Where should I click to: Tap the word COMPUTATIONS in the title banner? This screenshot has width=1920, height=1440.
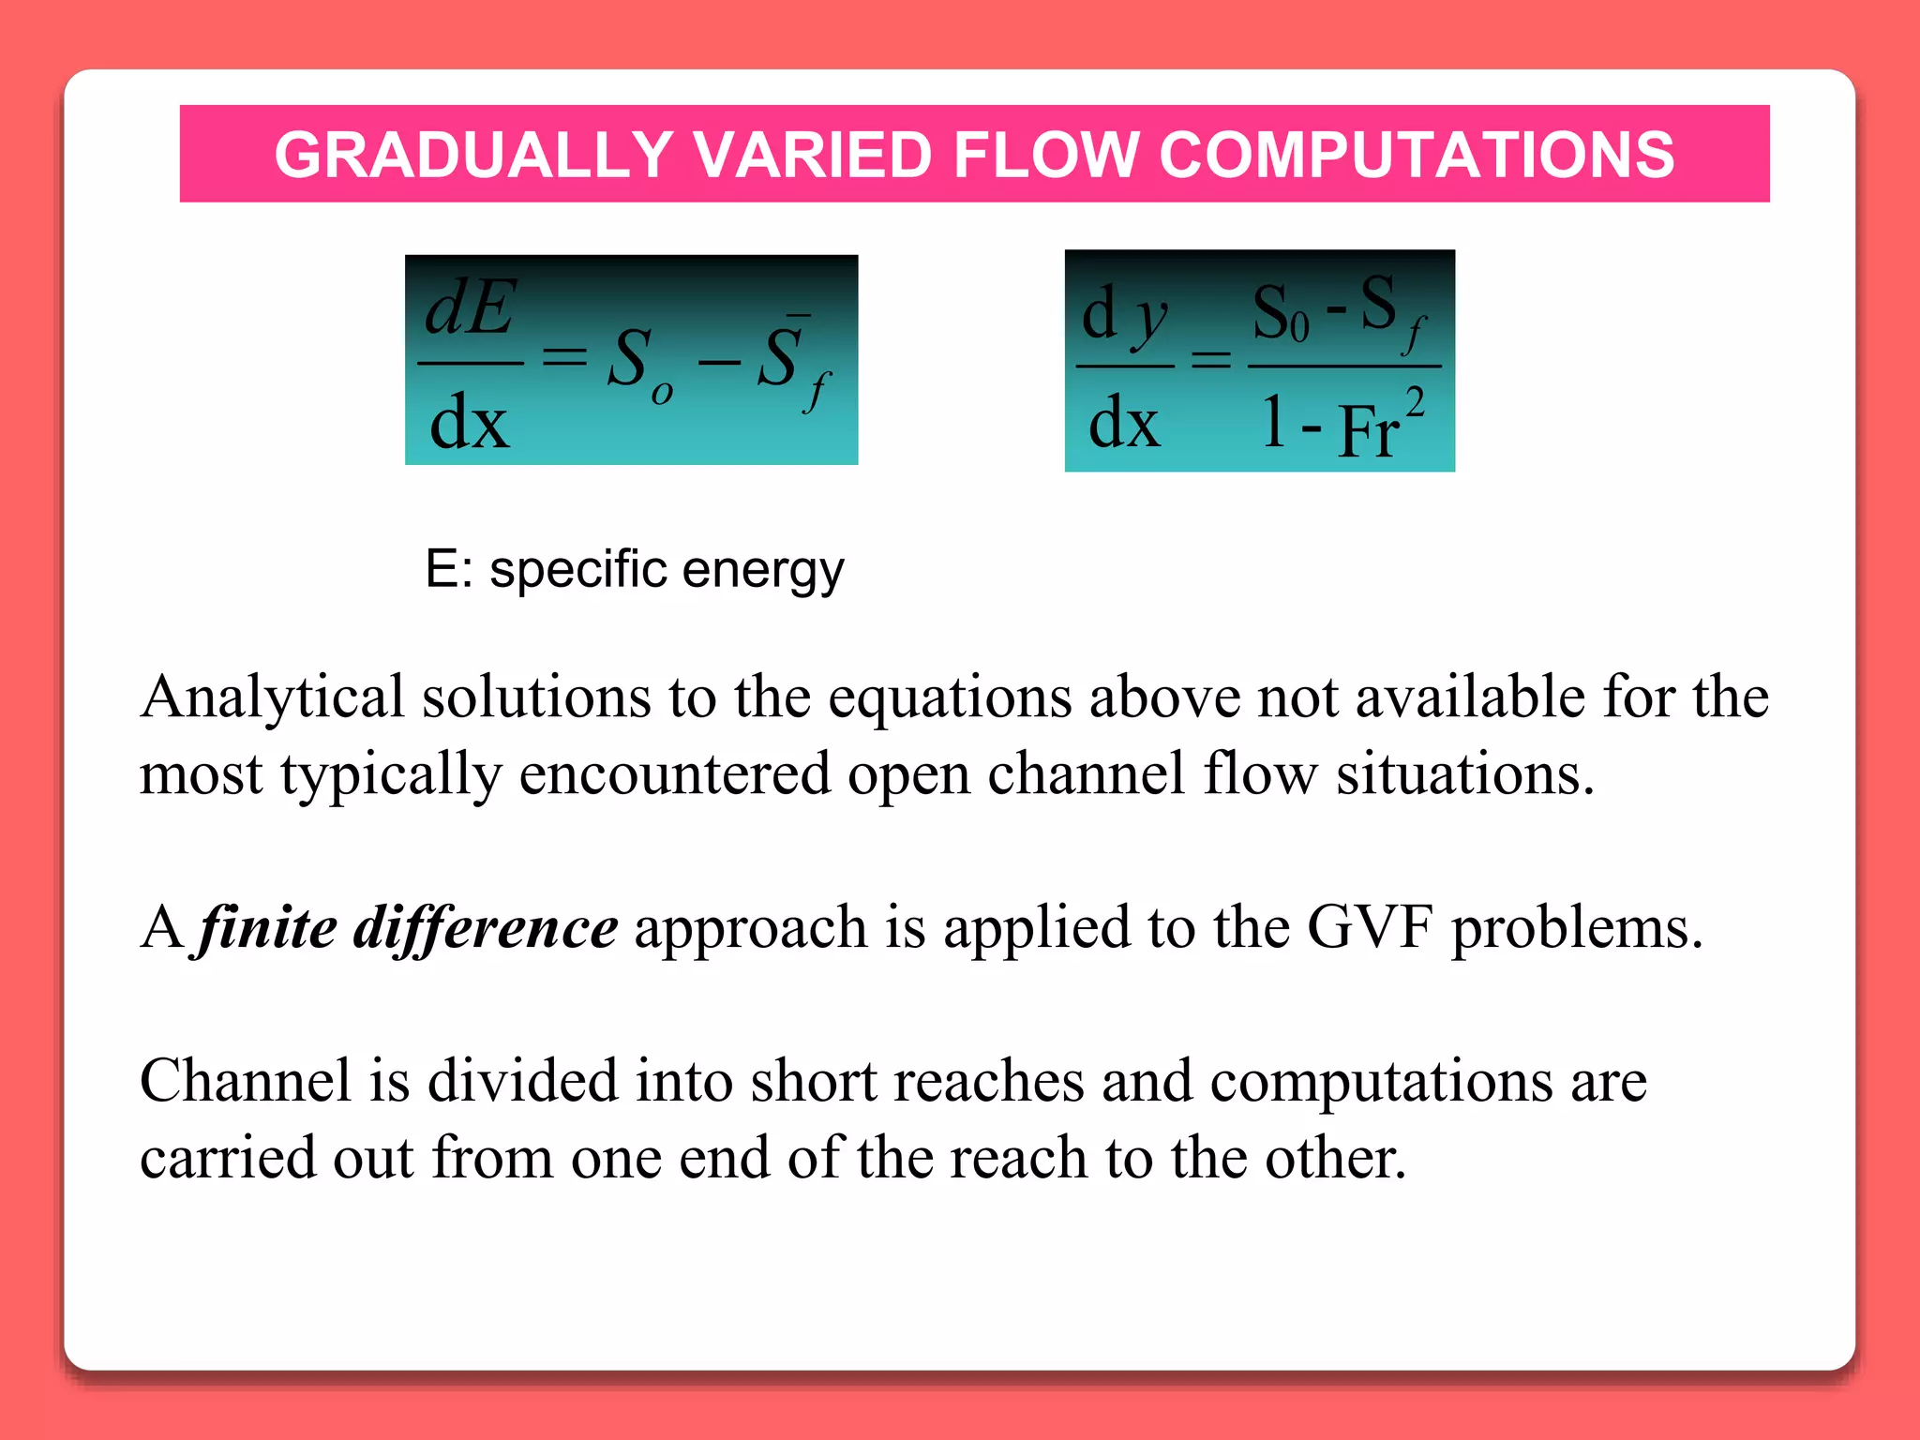[1416, 155]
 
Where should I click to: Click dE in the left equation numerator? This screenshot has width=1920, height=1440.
[470, 308]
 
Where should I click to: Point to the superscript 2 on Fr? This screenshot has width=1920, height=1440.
[1415, 404]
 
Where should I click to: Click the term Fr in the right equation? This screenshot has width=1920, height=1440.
[1369, 432]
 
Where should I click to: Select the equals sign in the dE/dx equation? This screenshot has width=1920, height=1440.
[565, 357]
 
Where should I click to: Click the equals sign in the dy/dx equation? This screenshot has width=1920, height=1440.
[1210, 359]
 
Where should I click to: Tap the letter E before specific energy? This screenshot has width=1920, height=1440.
[442, 568]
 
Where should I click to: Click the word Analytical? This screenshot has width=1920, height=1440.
[272, 698]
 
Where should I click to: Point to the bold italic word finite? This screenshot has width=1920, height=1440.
[268, 928]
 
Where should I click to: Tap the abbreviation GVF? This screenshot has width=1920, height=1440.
[1370, 928]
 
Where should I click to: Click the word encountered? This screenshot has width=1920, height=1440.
[675, 775]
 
